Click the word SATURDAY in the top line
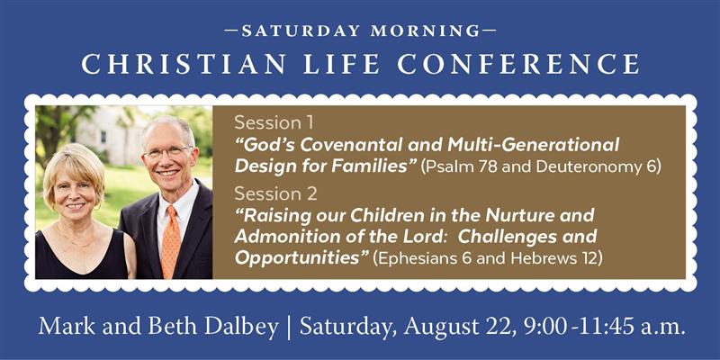[301, 31]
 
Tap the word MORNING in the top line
[425, 31]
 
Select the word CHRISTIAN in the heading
[184, 64]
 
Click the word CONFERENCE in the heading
[518, 64]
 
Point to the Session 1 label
[274, 122]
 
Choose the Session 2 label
[275, 193]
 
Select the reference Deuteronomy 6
[598, 167]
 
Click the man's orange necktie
[171, 242]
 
